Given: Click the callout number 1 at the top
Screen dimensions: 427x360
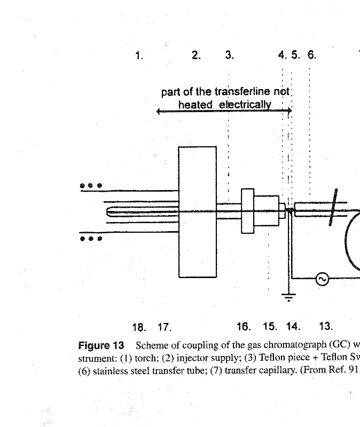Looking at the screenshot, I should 139,55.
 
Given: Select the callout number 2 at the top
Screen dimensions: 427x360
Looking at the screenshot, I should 196,55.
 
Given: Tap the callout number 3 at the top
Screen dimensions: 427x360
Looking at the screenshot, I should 229,55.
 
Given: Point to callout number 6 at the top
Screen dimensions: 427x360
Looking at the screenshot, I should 312,55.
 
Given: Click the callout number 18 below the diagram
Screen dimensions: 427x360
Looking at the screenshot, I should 139,327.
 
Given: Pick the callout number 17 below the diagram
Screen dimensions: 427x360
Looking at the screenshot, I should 165,327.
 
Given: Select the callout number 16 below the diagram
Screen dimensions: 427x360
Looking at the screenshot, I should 243,327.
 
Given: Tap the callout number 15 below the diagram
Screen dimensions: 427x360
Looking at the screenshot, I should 270,327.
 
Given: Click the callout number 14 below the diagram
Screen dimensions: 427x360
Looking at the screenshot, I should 293,327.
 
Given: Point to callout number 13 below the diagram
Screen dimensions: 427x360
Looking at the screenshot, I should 325,327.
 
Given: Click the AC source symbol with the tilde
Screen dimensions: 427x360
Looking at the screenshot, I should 322,279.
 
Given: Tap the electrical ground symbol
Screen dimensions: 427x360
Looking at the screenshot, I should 289,297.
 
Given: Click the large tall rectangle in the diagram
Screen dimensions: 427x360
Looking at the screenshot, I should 197,212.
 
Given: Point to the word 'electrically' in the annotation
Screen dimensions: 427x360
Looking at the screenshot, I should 245,105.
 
